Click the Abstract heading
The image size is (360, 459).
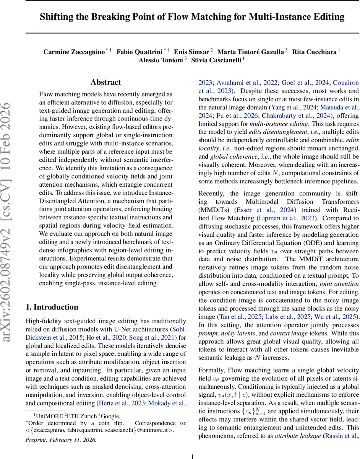coord(105,82)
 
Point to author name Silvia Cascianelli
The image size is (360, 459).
coord(216,60)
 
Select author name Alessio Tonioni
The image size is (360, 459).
coord(161,60)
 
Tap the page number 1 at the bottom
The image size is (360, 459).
coord(193,456)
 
